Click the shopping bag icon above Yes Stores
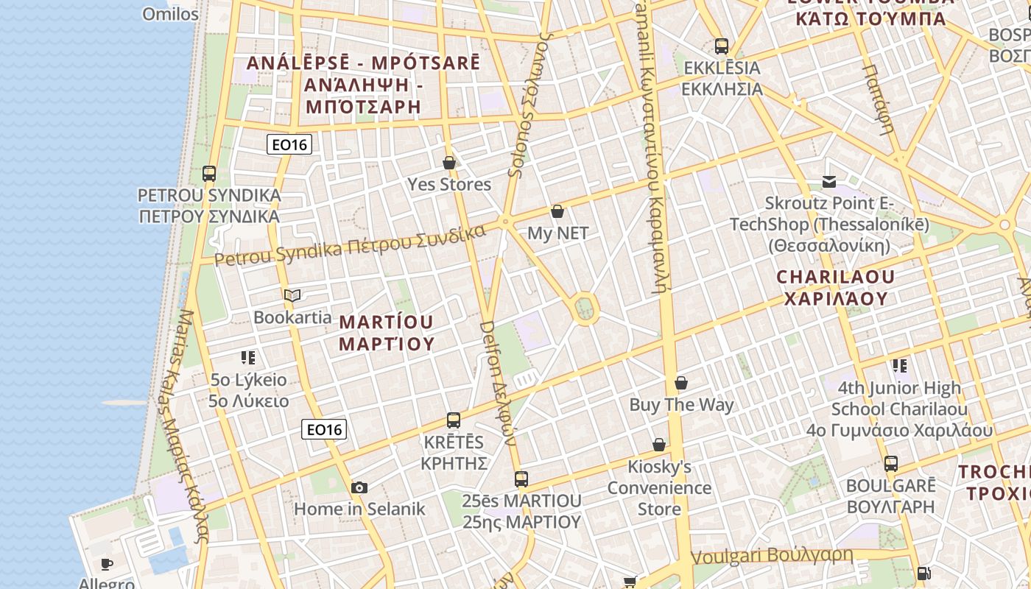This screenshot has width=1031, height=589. coord(449,162)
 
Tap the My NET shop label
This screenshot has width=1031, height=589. coord(557,233)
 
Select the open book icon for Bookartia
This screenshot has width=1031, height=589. coord(292,296)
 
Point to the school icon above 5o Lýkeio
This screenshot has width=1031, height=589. coord(248,358)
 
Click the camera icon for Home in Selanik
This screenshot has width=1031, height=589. coord(359,487)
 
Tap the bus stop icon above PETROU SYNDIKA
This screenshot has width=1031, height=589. coord(209,174)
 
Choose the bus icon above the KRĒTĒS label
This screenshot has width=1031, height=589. coord(454,420)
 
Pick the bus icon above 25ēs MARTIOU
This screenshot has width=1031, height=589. coord(521,479)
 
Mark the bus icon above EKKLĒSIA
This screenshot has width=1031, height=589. coord(722,46)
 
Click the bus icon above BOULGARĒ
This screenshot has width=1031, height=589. coord(891,464)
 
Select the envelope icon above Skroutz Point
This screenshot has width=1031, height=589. coord(829,181)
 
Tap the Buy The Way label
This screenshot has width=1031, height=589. coord(681,404)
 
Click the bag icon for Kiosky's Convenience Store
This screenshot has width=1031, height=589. coord(659,445)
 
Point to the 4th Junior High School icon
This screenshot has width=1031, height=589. coord(899,365)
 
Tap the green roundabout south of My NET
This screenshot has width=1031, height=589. coord(585,308)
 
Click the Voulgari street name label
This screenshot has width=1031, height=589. coord(772,556)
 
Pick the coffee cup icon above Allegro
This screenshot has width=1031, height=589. coord(107,565)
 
